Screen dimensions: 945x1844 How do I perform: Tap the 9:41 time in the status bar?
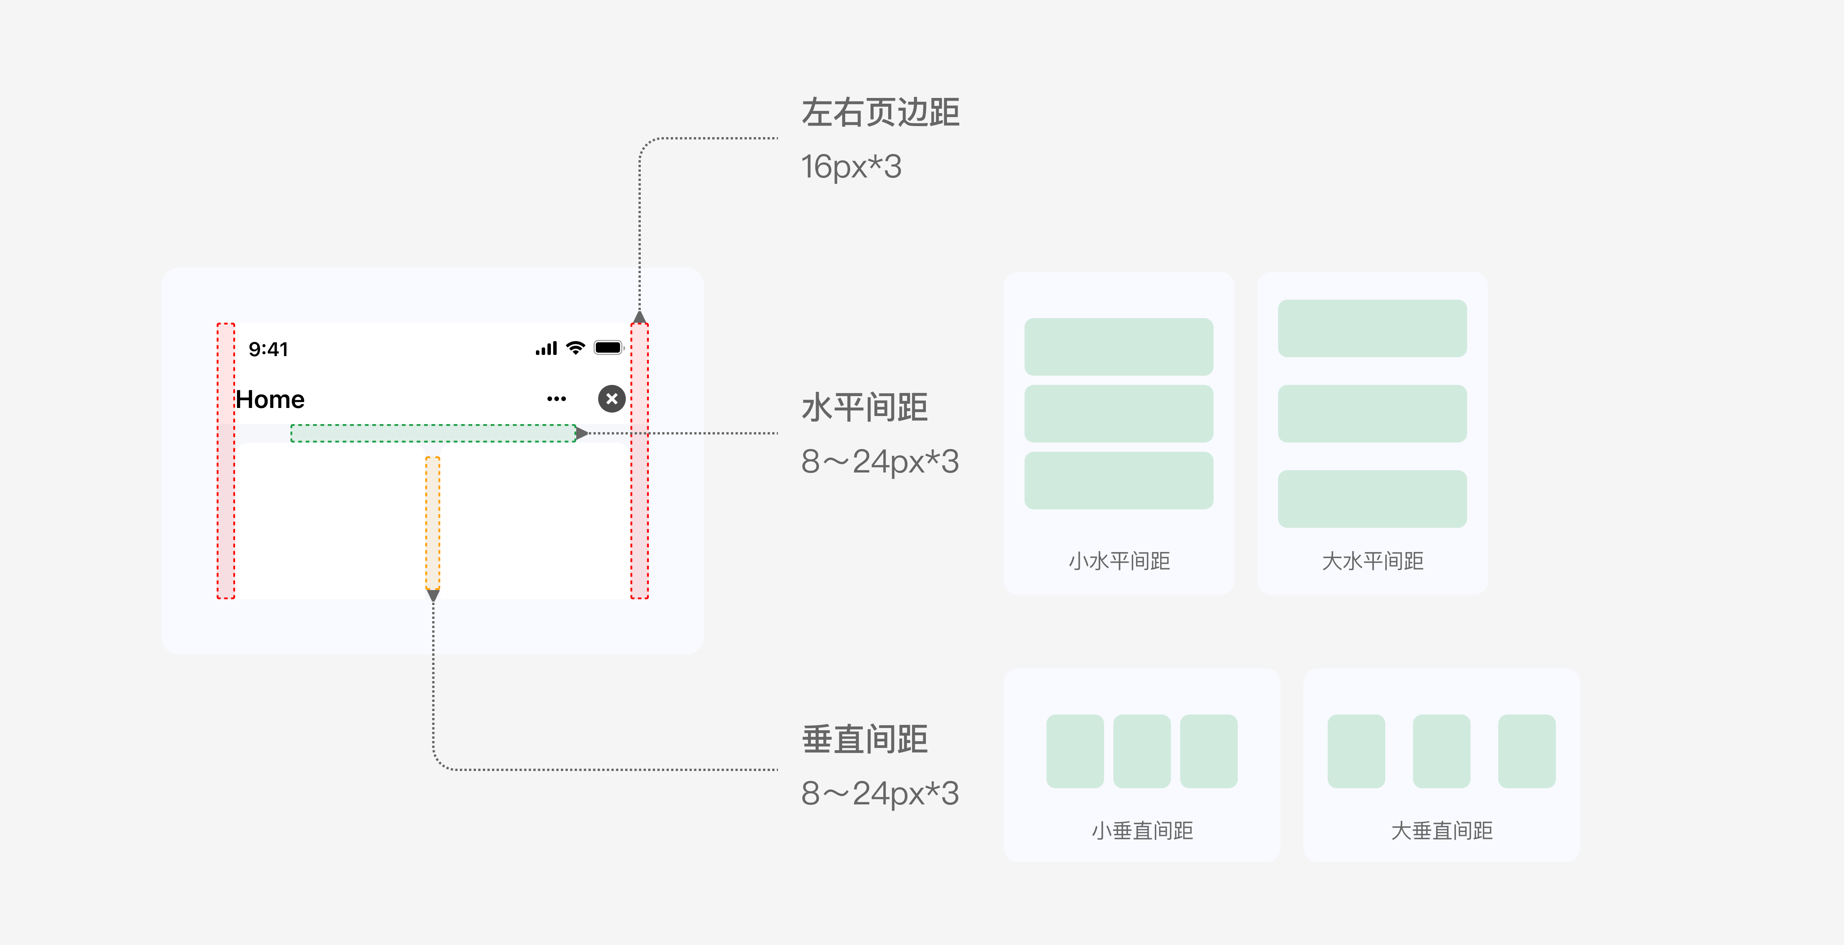269,349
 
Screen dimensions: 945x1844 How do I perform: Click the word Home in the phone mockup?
270,400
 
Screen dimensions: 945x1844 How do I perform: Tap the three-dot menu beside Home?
556,399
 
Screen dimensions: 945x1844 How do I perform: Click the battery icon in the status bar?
609,348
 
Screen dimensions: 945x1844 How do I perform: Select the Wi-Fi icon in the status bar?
575,348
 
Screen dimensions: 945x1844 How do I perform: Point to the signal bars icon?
546,349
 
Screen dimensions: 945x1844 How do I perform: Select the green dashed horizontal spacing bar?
433,433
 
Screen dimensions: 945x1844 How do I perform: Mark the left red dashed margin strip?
226,460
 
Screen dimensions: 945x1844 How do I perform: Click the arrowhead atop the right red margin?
639,317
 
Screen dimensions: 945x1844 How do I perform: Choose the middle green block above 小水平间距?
1118,414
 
